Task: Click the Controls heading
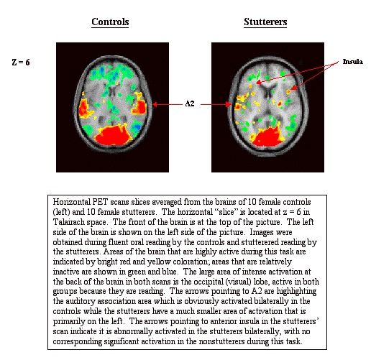(110, 22)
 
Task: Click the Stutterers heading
(265, 22)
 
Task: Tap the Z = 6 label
(21, 63)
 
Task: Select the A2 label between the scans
(190, 103)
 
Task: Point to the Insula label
(352, 62)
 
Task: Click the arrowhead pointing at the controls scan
(155, 104)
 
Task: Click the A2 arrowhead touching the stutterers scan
(229, 104)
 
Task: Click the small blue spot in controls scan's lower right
(137, 126)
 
